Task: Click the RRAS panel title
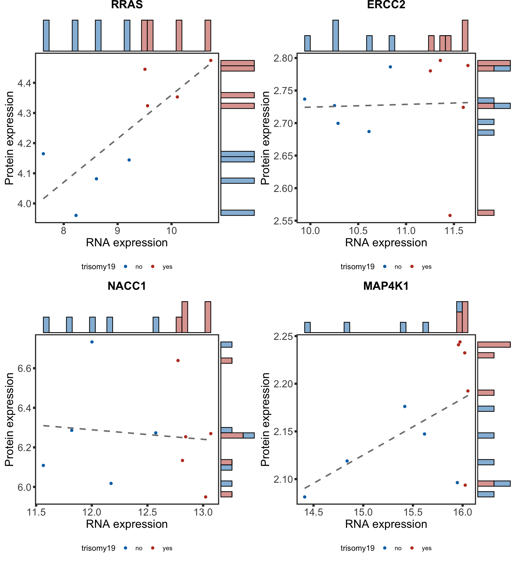[x=127, y=5]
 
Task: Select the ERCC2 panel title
[x=386, y=5]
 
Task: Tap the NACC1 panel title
[x=127, y=286]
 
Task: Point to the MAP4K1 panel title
[x=386, y=286]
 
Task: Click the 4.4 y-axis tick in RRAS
[x=24, y=83]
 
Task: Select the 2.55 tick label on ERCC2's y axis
[x=283, y=221]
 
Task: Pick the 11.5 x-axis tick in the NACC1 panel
[x=36, y=512]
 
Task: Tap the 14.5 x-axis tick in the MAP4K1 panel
[x=313, y=512]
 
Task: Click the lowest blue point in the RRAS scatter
[x=76, y=215]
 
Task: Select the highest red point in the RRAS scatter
[x=211, y=61]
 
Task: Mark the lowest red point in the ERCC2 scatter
[x=450, y=215]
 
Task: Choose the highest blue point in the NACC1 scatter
[x=92, y=342]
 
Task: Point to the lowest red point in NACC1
[x=206, y=497]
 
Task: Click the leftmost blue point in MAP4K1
[x=305, y=497]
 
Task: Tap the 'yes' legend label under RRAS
[x=167, y=267]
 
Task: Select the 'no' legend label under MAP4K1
[x=398, y=548]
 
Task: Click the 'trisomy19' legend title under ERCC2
[x=357, y=267]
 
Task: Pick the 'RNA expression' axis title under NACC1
[x=127, y=524]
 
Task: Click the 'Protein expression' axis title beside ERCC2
[x=265, y=138]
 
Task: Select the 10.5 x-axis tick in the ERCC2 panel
[x=358, y=231]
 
